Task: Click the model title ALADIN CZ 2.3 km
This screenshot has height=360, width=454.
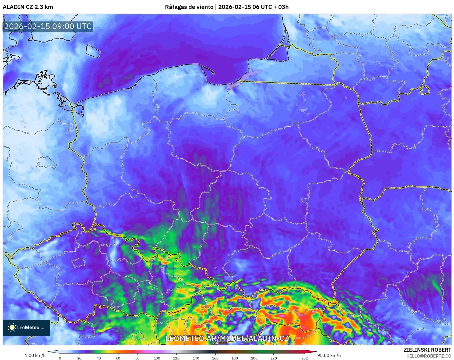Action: pos(28,7)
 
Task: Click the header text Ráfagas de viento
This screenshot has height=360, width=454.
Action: pos(189,7)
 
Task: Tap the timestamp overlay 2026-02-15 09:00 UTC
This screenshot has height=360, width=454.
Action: pos(48,26)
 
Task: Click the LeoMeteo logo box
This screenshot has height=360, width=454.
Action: pos(26,327)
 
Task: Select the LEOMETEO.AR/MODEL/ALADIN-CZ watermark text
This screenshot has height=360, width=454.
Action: pos(227,338)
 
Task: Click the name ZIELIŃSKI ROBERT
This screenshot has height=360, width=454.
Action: pos(427,350)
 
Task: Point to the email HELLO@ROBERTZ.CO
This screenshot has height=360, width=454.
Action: pos(428,356)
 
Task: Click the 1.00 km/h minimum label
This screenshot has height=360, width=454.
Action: pos(35,355)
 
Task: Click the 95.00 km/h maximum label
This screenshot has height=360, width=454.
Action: pos(329,355)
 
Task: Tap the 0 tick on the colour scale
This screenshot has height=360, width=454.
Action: pos(60,358)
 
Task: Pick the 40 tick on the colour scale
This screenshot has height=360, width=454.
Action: pos(99,358)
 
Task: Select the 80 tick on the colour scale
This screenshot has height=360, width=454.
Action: pos(138,358)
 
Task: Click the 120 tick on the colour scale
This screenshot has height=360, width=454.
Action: pos(176,358)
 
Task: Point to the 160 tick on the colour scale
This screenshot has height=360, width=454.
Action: pos(215,358)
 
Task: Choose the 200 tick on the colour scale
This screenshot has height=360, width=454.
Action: pos(254,358)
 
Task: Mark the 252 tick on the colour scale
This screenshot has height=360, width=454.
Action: pos(304,358)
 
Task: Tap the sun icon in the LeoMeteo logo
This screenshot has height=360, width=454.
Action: pos(12,327)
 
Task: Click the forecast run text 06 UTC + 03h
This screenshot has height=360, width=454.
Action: pos(270,7)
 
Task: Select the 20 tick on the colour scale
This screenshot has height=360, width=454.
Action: pos(79,358)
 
